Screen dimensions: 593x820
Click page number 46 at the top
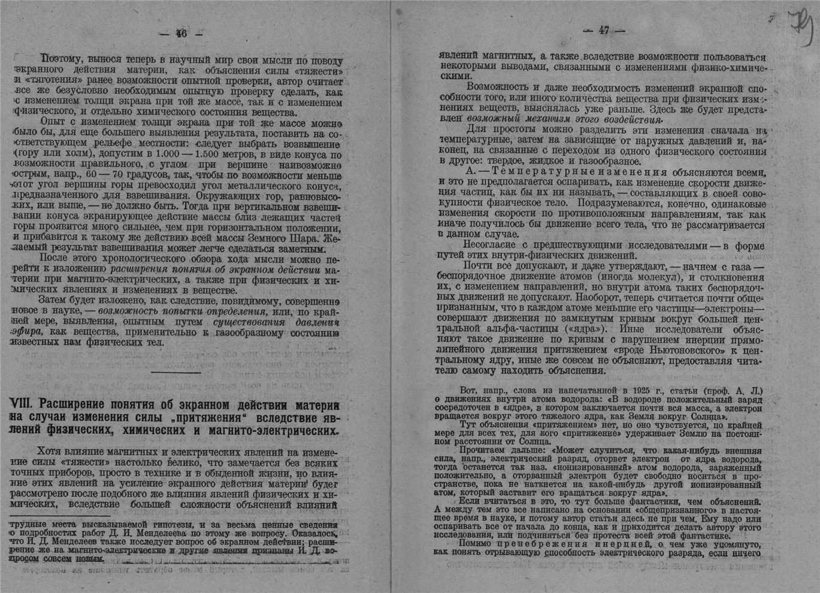point(181,34)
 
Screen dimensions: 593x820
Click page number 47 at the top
point(603,31)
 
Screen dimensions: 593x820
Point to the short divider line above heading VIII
point(175,373)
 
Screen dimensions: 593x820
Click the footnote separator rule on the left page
point(60,516)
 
